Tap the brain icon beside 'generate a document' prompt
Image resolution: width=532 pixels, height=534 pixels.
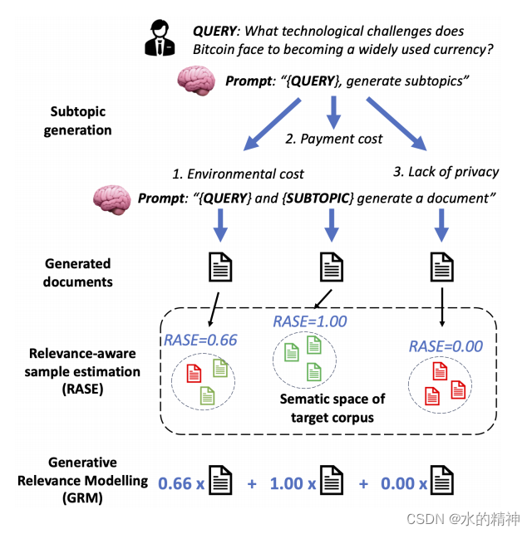pos(111,199)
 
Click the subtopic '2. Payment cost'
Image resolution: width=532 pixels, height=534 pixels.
pos(333,139)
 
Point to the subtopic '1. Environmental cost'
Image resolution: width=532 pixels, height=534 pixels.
pos(238,174)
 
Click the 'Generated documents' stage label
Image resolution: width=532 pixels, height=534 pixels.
pos(78,272)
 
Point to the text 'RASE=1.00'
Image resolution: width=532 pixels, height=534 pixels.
pos(309,321)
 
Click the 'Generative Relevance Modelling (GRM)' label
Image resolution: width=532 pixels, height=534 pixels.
pos(81,480)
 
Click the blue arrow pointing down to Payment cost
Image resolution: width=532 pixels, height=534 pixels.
pos(334,109)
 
